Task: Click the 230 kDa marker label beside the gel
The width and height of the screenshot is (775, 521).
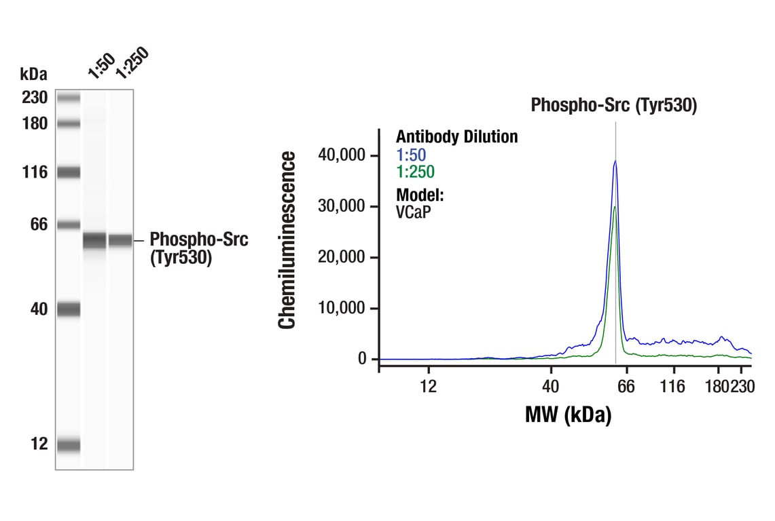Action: [x=34, y=98]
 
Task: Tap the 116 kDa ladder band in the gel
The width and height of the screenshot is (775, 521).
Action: [x=69, y=172]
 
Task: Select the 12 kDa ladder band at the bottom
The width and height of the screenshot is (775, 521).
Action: [x=69, y=446]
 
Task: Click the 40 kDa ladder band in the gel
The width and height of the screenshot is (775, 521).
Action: [x=69, y=309]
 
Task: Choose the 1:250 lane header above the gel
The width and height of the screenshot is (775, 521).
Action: [x=130, y=62]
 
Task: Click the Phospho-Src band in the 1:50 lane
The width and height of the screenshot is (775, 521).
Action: [x=95, y=240]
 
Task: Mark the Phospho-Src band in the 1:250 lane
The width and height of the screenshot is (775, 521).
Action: [x=120, y=240]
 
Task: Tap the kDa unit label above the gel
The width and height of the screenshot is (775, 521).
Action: [x=33, y=73]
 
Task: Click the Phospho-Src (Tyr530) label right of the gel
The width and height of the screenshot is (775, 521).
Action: [x=198, y=248]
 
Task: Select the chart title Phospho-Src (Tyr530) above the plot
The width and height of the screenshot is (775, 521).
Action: [x=613, y=106]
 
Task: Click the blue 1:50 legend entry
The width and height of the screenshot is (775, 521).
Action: [x=411, y=155]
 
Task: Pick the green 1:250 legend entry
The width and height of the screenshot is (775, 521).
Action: [x=415, y=172]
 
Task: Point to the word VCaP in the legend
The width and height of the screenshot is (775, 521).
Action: [x=413, y=211]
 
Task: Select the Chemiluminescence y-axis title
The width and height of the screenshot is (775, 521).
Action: [x=287, y=240]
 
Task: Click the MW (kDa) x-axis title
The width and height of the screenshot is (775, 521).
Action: [x=568, y=414]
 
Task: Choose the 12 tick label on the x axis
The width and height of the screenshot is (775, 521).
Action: [x=428, y=387]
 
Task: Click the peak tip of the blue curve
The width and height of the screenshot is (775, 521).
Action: [x=615, y=161]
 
